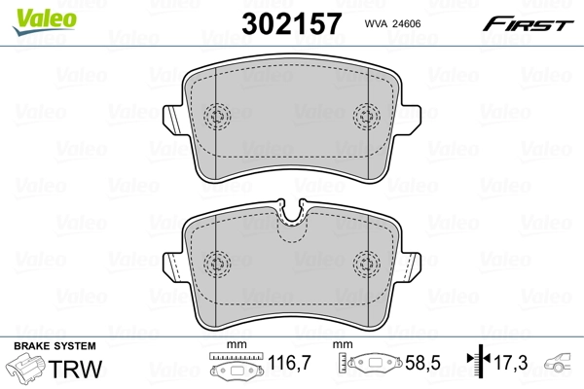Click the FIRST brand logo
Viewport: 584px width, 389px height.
click(x=541, y=19)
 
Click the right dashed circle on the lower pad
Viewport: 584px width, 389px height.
click(x=367, y=262)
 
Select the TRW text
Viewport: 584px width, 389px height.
click(x=79, y=370)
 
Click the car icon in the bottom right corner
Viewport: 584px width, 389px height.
click(x=564, y=369)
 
